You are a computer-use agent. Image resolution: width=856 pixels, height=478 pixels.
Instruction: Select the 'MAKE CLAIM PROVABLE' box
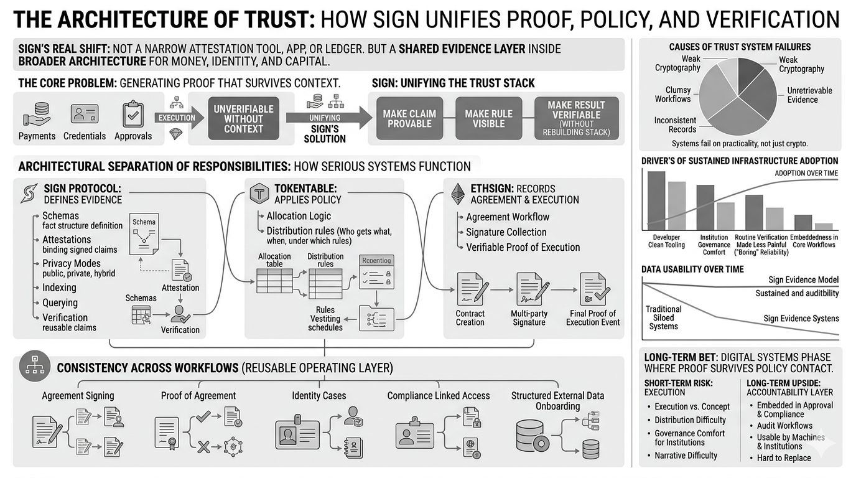[409, 118]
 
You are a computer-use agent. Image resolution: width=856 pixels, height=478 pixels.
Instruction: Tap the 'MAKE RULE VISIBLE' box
[488, 118]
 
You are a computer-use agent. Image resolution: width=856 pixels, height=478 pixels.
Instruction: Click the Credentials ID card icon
[85, 115]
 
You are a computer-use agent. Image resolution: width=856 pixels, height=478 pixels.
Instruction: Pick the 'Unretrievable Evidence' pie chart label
[809, 95]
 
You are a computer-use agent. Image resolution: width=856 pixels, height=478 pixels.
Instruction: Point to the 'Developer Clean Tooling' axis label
[666, 241]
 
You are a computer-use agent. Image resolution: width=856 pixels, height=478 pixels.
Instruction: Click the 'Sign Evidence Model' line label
[803, 280]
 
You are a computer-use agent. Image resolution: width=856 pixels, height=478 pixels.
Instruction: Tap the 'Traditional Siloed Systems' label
[664, 317]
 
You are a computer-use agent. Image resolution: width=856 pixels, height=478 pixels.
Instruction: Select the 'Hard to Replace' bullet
[784, 458]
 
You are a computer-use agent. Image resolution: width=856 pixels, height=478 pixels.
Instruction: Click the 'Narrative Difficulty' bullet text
[686, 456]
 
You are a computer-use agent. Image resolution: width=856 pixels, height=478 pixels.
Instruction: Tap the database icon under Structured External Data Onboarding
[533, 435]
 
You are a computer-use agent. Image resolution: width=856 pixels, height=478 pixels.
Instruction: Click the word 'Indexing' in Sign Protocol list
[59, 288]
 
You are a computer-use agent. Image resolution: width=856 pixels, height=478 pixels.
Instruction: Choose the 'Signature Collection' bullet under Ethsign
[506, 232]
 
